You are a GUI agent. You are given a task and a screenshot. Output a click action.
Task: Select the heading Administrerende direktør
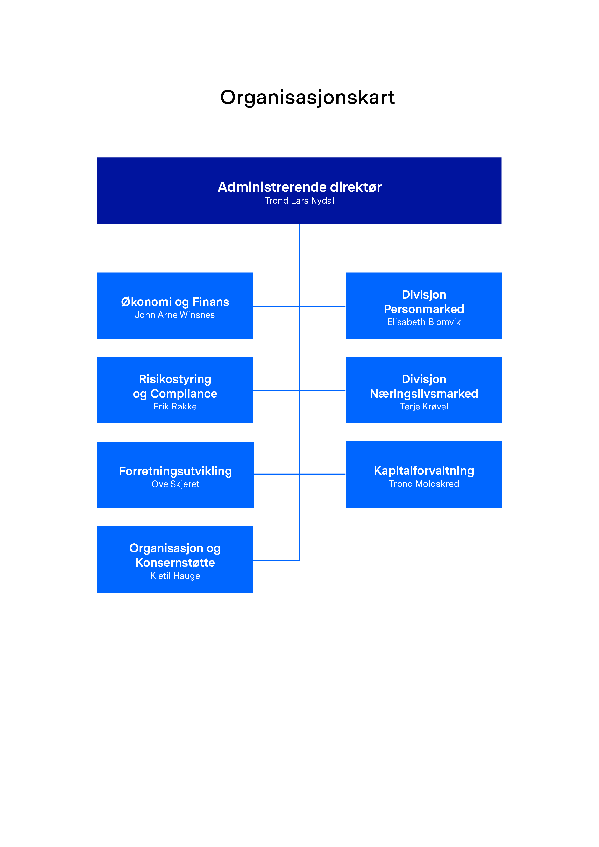(x=299, y=187)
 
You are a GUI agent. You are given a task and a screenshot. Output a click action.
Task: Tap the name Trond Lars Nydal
(x=299, y=201)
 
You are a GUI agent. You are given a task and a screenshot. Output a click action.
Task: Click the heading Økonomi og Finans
(x=175, y=302)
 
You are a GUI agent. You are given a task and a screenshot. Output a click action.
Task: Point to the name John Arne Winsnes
(x=175, y=315)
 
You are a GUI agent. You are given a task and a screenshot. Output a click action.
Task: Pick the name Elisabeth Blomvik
(x=424, y=322)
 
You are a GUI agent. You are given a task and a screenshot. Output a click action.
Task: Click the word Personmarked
(x=424, y=309)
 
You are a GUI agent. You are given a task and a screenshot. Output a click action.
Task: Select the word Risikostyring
(x=175, y=380)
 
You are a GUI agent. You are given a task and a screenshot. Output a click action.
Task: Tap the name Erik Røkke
(x=175, y=407)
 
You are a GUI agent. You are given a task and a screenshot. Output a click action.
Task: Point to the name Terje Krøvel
(x=424, y=407)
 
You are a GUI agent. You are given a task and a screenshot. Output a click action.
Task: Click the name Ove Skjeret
(x=175, y=484)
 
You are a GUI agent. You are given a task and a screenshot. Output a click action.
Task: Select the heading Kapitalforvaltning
(x=424, y=471)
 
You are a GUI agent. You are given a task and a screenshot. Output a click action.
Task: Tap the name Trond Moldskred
(x=424, y=484)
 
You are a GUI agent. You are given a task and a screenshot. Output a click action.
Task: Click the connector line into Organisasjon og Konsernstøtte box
(x=276, y=560)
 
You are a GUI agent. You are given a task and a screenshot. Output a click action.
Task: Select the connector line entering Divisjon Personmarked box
(x=323, y=306)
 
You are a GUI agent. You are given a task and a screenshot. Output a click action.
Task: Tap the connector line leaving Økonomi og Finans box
(x=276, y=306)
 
